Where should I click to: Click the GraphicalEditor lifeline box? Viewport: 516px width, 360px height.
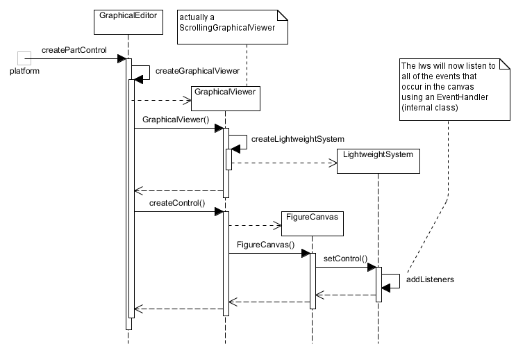128,21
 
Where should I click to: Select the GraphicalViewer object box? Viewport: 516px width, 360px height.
226,98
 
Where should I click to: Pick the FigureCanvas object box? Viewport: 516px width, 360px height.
313,222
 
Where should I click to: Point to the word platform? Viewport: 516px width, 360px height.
24,72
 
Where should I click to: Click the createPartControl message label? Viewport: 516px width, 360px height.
74,50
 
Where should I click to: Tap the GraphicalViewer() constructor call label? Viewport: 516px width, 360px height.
175,120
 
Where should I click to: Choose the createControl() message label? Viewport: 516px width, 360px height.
177,203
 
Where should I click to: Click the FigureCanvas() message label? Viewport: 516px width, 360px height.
265,245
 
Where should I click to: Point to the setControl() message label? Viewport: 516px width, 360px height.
345,259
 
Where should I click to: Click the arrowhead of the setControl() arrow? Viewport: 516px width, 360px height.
372,267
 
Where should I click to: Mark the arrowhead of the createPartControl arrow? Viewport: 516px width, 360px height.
120,58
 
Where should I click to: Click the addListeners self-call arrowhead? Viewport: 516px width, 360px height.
387,288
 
